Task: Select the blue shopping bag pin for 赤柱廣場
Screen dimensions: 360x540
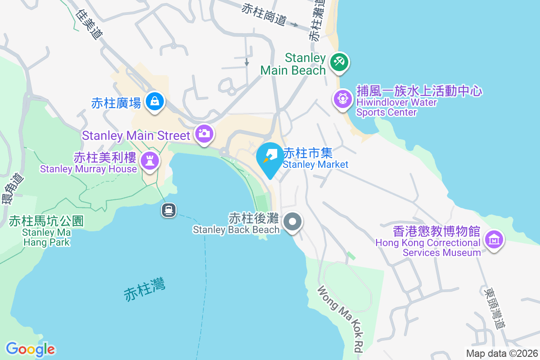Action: tap(155, 102)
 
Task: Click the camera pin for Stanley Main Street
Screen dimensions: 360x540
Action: tap(204, 134)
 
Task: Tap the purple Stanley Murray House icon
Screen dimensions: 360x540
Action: tap(149, 160)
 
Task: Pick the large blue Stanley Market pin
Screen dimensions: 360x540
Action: tap(270, 158)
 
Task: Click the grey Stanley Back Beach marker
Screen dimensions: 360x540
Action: tap(293, 222)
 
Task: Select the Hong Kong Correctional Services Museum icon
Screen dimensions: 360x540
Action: tap(494, 240)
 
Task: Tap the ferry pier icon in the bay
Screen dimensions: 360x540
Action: tap(169, 210)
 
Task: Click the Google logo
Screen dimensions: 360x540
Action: tap(31, 349)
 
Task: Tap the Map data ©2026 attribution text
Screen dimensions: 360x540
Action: tap(501, 353)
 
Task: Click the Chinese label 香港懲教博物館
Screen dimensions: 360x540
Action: tap(436, 232)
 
